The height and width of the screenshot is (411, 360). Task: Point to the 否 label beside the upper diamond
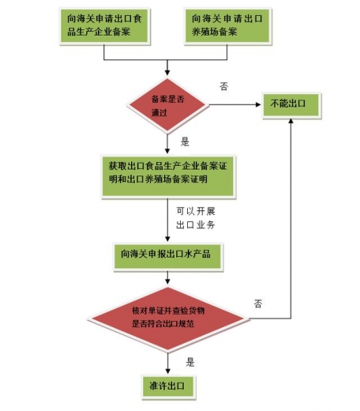pos(223,86)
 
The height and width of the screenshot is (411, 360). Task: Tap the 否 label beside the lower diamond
pos(258,303)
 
